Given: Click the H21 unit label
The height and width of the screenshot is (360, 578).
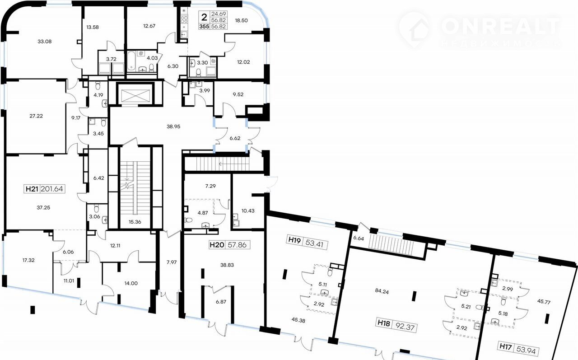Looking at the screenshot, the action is coord(32,189).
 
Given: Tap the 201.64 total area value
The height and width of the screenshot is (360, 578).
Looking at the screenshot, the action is coord(52,189).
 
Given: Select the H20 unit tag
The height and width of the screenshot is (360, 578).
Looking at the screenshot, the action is coord(217,245).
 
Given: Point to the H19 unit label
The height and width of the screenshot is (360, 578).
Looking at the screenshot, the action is coord(294,240).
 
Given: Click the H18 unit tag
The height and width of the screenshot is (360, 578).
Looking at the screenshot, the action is coord(384,323).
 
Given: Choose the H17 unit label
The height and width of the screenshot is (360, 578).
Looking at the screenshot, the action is coord(505,346).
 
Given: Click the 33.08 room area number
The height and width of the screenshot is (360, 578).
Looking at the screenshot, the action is coord(45,41).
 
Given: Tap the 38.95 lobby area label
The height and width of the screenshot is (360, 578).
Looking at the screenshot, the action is coord(173,126).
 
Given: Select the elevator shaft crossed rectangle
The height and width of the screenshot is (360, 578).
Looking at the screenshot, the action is coord(135,94).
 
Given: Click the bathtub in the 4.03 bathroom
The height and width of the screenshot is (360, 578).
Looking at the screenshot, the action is coord(131,61).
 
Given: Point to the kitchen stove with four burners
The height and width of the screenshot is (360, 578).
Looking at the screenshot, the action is coord(184,19).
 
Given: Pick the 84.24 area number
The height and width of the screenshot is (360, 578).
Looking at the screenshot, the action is coord(382,291).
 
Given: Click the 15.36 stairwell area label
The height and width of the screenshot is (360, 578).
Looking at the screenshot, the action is coord(135,222).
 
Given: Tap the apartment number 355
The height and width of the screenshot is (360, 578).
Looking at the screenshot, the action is coord(204,26).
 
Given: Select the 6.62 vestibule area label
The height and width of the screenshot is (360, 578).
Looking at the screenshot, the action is coord(235,138).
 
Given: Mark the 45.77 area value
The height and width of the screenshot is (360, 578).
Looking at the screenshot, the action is coord(544,301).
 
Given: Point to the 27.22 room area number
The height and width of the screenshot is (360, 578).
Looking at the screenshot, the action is coord(36,116).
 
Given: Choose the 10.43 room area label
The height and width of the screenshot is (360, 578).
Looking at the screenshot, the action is coord(248,210).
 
